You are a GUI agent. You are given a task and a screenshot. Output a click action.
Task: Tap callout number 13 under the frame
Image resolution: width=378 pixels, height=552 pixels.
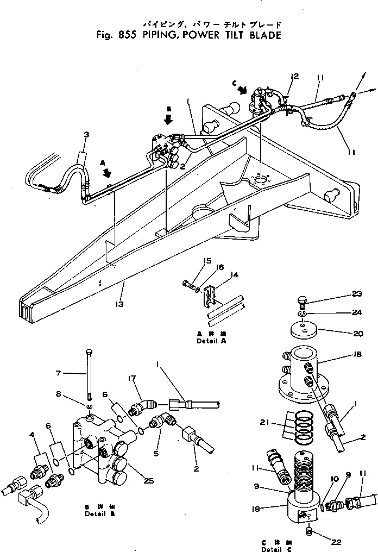click(119, 304)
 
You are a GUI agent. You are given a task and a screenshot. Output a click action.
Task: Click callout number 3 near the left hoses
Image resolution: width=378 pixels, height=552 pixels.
click(86, 134)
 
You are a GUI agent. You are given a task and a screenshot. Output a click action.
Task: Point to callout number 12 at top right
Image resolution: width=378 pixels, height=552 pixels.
click(294, 77)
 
